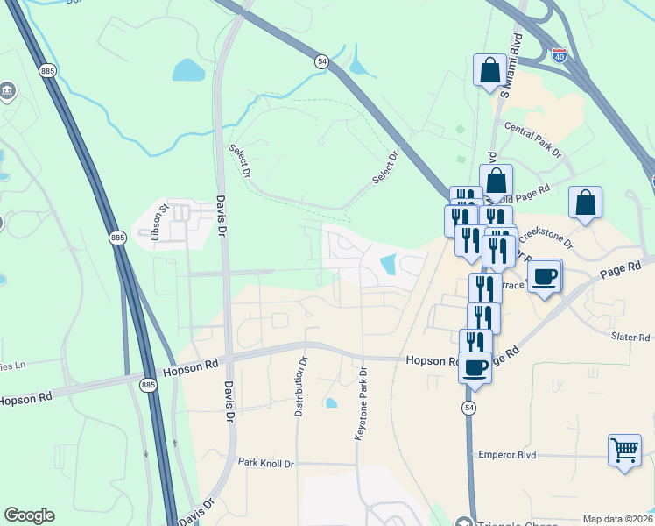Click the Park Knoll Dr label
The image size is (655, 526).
point(266,462)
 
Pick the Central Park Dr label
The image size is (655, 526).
point(533,139)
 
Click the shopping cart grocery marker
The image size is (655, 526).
point(623,451)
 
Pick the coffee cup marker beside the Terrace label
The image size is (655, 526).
point(544,276)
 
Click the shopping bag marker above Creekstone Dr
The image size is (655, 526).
point(585,203)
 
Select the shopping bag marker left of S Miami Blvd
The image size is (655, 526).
point(489,71)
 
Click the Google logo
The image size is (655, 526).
point(29,515)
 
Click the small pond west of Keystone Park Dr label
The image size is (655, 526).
point(331,403)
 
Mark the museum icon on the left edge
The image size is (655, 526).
point(8,92)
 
